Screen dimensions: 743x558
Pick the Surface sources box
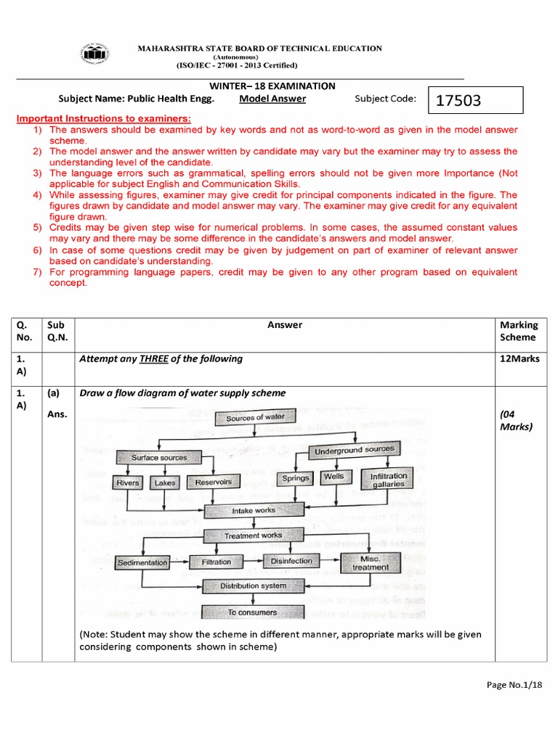click(158, 457)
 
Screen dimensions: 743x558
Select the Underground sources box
click(354, 451)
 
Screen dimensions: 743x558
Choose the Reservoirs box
click(214, 482)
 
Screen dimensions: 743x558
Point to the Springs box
click(296, 478)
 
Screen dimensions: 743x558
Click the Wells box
click(334, 477)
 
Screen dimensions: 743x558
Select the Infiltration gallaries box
click(389, 480)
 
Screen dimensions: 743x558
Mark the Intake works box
click(253, 511)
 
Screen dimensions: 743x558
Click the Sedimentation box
click(142, 562)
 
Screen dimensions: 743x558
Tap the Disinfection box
click(291, 561)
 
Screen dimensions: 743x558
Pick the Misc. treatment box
click(370, 563)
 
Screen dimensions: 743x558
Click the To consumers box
click(253, 612)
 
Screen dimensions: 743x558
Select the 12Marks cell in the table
click(519, 358)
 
